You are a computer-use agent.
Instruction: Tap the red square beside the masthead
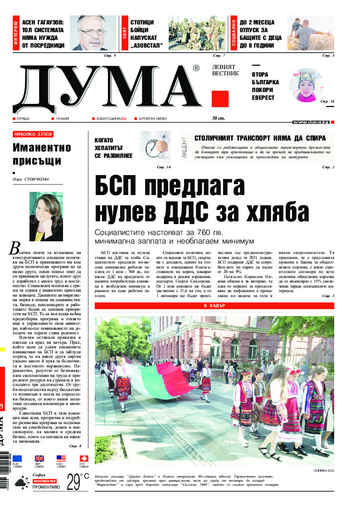(220, 98)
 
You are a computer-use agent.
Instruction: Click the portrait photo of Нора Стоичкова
(46, 217)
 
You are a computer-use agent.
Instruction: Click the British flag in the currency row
(39, 459)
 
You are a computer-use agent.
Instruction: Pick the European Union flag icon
(17, 459)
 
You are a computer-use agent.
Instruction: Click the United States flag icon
(61, 459)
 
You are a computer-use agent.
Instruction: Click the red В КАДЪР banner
(214, 306)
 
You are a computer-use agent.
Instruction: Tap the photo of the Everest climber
(306, 85)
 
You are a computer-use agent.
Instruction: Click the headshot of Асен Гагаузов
(96, 33)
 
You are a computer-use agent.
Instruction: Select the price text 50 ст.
(219, 119)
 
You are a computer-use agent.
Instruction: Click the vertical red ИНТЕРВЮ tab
(16, 33)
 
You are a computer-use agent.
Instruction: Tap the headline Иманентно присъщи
(42, 154)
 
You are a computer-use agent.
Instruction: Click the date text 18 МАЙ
(61, 119)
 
